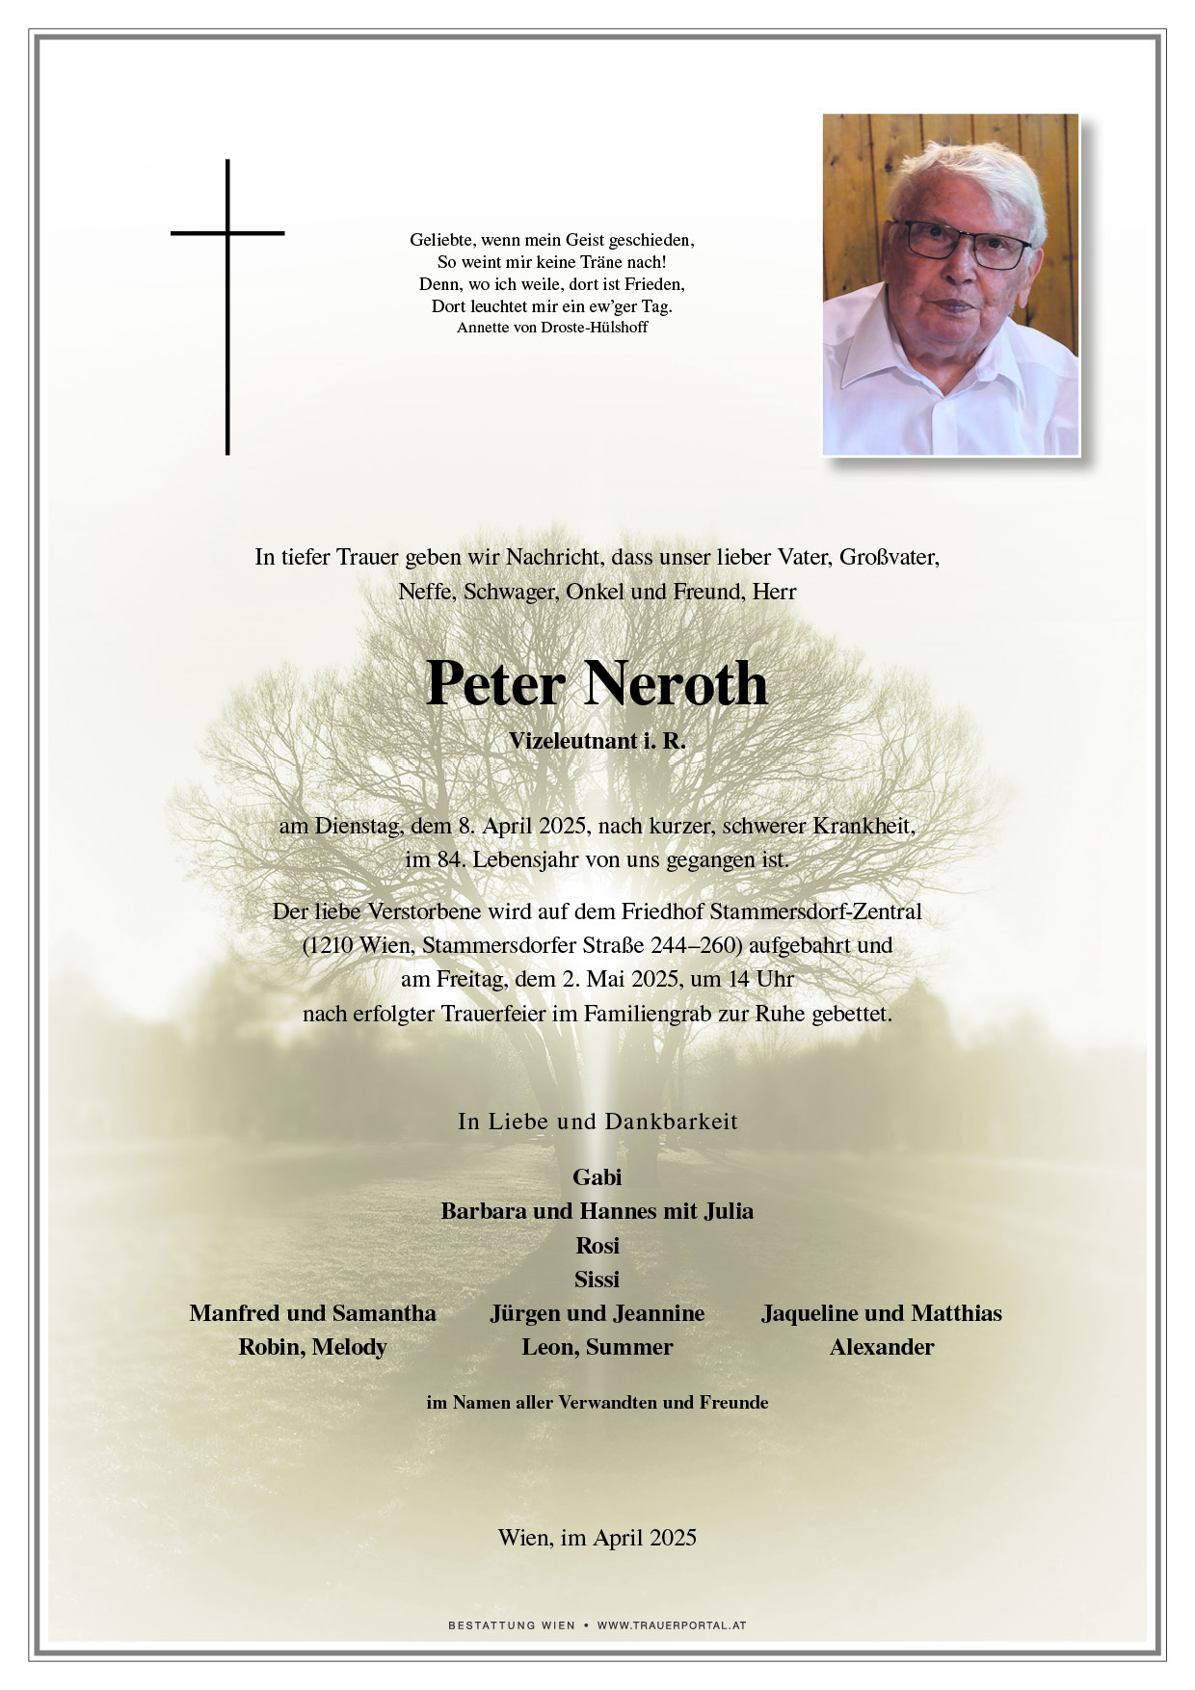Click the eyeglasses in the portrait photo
pos(959,244)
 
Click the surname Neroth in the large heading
pos(675,684)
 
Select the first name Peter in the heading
pos(495,684)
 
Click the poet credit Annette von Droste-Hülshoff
pos(552,328)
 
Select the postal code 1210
pos(333,945)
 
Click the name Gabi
pos(597,1176)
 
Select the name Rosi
pos(597,1245)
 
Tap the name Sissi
pos(597,1279)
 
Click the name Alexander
pos(882,1347)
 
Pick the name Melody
pos(349,1347)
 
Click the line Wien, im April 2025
pos(597,1538)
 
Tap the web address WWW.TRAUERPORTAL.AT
pos(672,1625)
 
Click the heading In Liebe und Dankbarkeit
pos(597,1122)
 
